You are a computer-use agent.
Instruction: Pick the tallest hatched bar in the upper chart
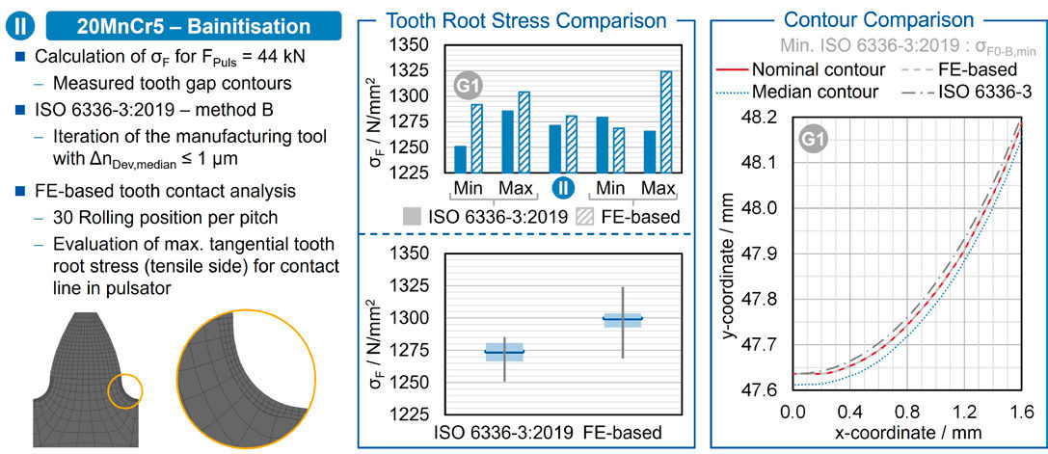pyautogui.click(x=666, y=121)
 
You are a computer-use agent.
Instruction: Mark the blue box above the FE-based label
pyautogui.click(x=622, y=319)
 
